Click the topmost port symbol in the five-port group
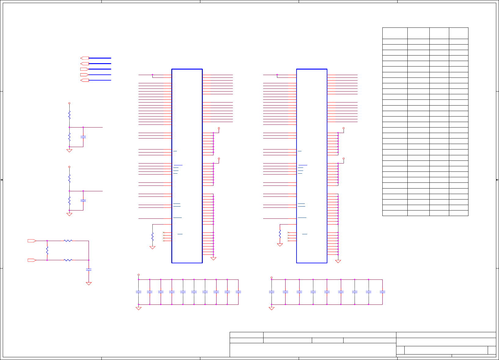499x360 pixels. point(85,58)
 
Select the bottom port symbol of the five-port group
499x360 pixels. point(85,80)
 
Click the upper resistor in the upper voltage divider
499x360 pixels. point(69,115)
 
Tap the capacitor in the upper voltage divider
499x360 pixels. point(83,137)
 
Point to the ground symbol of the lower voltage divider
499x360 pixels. point(69,214)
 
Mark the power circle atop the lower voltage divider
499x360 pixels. point(69,167)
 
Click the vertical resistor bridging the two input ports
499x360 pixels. point(47,250)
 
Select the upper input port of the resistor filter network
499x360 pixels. point(32,241)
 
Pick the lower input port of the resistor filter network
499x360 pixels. point(32,260)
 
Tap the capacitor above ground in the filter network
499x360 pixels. point(89,270)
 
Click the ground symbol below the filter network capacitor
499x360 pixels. point(89,284)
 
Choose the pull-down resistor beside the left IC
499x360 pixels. point(152,236)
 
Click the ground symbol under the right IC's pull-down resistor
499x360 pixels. point(280,245)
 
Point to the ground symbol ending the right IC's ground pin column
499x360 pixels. point(338,261)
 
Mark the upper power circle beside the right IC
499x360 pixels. point(344,128)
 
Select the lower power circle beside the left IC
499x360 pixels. point(219,159)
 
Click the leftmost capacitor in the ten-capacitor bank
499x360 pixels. point(138,292)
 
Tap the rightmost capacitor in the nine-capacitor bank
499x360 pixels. point(382,292)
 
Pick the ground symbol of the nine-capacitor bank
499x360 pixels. point(271,308)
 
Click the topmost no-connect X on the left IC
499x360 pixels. point(164,232)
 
